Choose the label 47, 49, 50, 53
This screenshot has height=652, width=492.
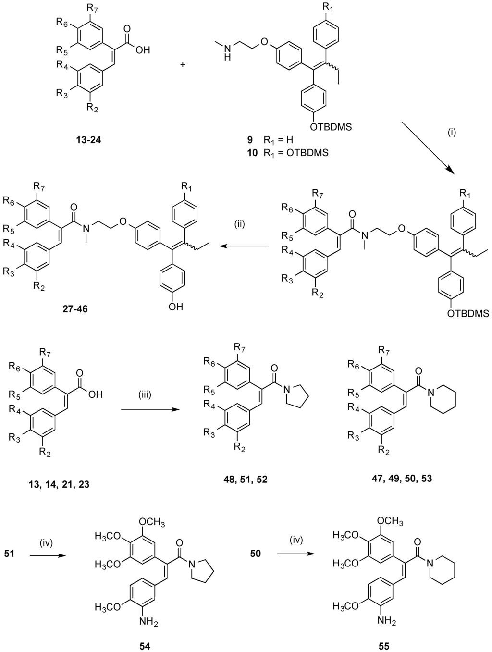click(x=412, y=479)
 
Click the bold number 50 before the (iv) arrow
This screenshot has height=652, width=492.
click(x=256, y=554)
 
